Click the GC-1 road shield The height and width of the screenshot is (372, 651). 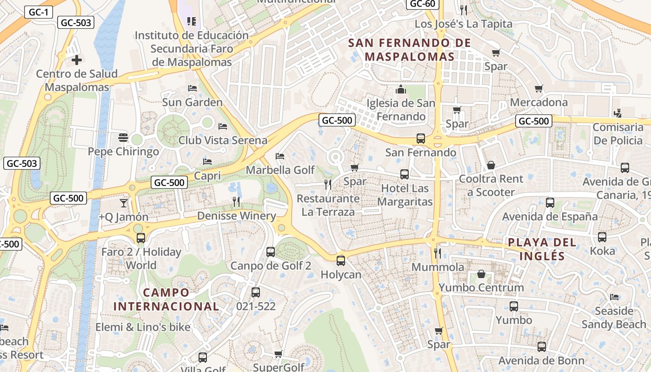point(39,12)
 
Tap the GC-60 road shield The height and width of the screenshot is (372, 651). point(423,4)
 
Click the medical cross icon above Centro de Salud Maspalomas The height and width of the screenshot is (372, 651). point(77,60)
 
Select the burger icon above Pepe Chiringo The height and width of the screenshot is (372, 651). point(123,138)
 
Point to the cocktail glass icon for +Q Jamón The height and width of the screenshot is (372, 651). point(123,203)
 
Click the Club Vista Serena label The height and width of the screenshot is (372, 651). point(223,140)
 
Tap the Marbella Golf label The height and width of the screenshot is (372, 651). point(280,170)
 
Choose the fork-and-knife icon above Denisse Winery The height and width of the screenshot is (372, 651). point(236,202)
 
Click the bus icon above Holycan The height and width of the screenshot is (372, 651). point(341,260)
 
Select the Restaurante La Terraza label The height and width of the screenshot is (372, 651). point(328,205)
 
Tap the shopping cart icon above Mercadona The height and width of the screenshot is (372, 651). point(539,88)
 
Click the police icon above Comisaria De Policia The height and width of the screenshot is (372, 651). point(618,113)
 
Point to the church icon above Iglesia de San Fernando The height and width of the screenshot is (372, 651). point(401,89)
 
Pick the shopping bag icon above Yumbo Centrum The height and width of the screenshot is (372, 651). point(481,274)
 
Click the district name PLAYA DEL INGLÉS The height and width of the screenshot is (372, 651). point(542,249)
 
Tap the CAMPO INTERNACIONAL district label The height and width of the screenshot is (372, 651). point(166,299)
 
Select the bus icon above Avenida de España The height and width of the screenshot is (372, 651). point(550,202)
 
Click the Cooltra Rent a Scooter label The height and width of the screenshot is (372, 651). point(491,185)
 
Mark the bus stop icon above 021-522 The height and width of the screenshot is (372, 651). point(256,292)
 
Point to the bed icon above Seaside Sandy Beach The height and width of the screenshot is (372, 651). point(614,297)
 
